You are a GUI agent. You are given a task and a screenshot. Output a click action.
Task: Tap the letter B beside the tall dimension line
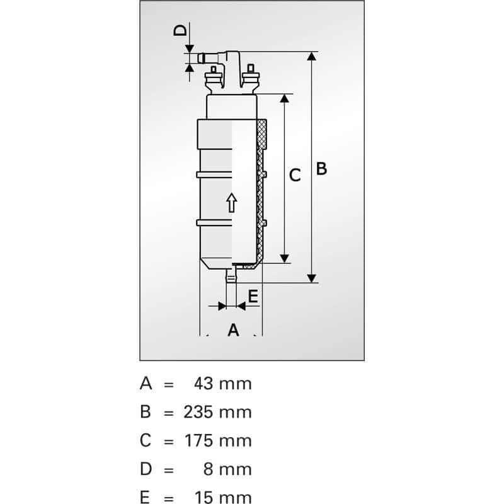[321, 169]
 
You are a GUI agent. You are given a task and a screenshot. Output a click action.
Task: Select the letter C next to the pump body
[294, 175]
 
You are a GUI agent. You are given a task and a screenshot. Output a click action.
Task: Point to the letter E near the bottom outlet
[253, 296]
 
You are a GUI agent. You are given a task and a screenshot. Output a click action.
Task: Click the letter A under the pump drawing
[233, 329]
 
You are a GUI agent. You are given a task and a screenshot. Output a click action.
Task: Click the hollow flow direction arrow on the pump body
[231, 203]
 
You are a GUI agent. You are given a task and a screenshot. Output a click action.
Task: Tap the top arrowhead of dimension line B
[311, 57]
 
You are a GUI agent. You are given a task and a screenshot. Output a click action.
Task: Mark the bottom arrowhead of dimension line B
[311, 278]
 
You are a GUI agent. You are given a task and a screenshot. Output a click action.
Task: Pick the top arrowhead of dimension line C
[285, 99]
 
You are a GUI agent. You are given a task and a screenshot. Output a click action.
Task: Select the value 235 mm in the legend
[217, 412]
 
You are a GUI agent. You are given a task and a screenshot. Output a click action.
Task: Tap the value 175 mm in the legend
[217, 440]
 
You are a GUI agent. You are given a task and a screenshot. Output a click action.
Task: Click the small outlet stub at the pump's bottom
[231, 274]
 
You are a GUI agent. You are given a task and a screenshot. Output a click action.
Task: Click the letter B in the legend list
[146, 412]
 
